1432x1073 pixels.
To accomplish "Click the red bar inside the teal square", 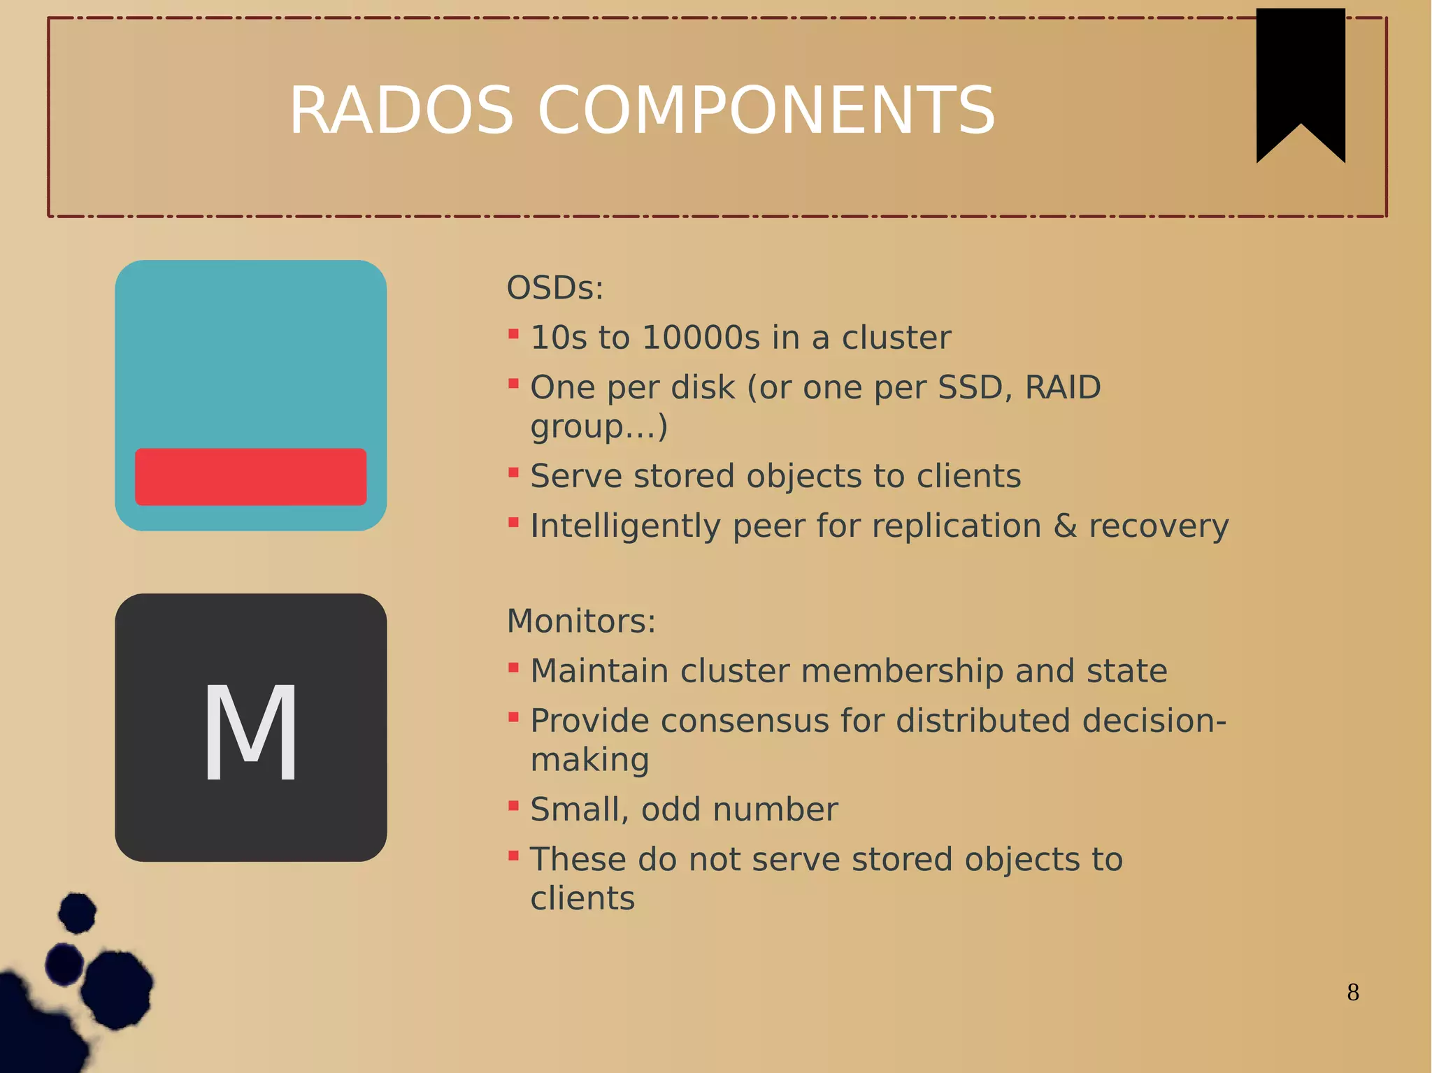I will click(x=250, y=477).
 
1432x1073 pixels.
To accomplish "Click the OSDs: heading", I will click(x=554, y=288).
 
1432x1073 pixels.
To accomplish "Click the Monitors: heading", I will click(x=581, y=621).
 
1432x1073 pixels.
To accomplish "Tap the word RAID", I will click(x=1062, y=387).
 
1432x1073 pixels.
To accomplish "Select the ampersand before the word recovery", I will click(x=1064, y=526).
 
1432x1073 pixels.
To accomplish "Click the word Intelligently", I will click(x=625, y=526).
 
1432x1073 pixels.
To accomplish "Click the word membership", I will click(x=902, y=671).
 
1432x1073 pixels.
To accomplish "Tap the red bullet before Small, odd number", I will click(x=513, y=806).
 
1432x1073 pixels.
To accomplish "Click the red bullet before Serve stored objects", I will click(x=513, y=473).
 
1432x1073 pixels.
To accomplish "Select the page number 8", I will click(x=1352, y=992).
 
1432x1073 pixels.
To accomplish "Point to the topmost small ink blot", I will click(x=77, y=912).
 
